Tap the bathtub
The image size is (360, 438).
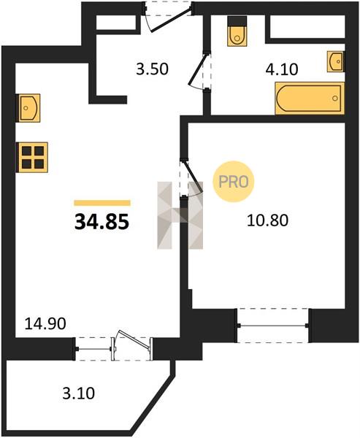pos(310,99)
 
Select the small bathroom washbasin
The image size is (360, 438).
pos(336,61)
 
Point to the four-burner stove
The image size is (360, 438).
pos(32,157)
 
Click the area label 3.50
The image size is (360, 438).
pos(153,69)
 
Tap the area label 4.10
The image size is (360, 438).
pos(282,69)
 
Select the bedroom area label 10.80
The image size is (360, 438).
pos(267,220)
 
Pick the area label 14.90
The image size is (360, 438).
pos(45,323)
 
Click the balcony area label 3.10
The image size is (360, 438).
pos(79,393)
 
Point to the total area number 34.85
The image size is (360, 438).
pos(102,221)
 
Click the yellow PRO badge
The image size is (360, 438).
pos(234,182)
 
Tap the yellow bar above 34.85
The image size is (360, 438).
pos(102,203)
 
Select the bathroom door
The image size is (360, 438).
pos(199,71)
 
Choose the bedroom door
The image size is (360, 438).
pos(192,178)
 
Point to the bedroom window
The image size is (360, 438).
pos(273,326)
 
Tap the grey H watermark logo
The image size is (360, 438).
pos(180,215)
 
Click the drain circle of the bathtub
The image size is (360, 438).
pos(335,98)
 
